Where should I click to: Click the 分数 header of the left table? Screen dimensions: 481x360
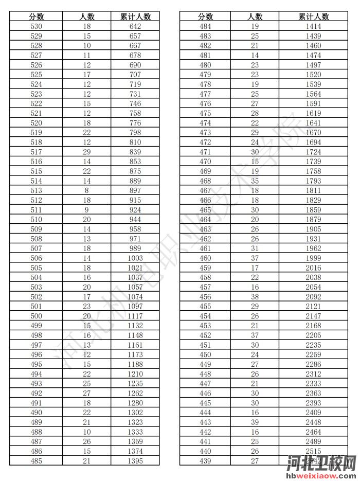coord(37,16)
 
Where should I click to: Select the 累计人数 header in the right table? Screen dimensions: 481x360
coord(313,16)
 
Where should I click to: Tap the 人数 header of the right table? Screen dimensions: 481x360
coord(255,16)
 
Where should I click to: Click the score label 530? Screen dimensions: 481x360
coord(37,26)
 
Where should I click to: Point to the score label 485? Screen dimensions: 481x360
coord(37,461)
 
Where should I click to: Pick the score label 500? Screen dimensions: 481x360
coord(37,316)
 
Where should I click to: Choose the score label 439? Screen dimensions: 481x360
coord(205,461)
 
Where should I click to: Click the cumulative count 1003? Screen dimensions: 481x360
coord(135,258)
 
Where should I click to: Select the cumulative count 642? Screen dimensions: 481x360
coord(135,26)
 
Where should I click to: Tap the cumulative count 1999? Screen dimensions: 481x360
coord(313,258)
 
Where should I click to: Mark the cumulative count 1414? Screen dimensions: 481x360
coord(313,26)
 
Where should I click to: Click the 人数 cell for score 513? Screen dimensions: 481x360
coord(86,190)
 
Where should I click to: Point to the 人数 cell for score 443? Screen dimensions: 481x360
coord(255,422)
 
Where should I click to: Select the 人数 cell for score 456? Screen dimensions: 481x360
coord(255,297)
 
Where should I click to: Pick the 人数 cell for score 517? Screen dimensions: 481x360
coord(86,152)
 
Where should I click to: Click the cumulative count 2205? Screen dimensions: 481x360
coord(313,335)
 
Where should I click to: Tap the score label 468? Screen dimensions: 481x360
coord(205,181)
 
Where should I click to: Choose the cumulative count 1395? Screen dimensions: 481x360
coord(135,461)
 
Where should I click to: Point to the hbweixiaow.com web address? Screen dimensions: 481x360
coord(322,476)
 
